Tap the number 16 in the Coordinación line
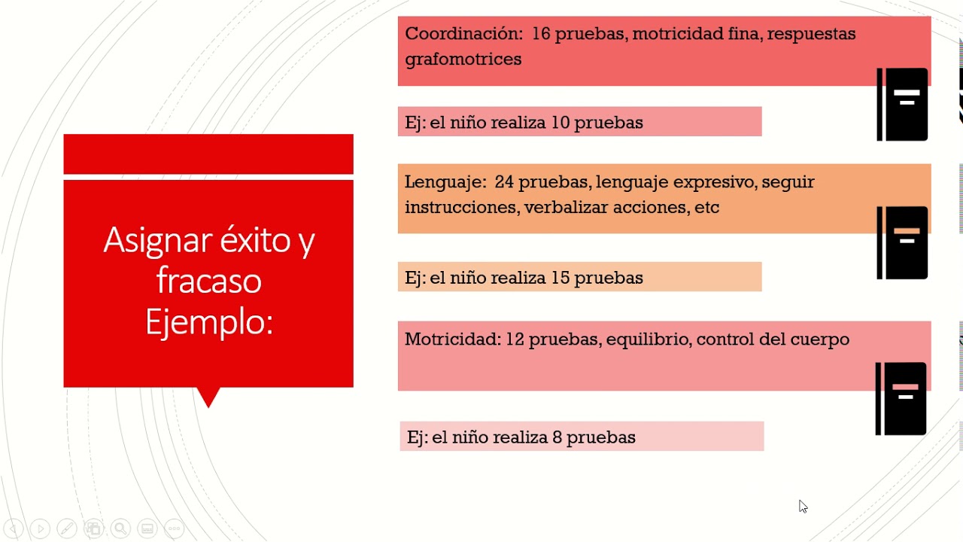pos(541,34)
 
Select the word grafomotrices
pos(463,59)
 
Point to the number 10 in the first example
pos(560,123)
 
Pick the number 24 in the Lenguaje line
pos(504,182)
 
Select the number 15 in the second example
pos(560,278)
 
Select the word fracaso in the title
pos(208,281)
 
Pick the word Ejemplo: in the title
pos(208,322)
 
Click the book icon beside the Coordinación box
pos(903,105)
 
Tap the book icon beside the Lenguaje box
pos(903,243)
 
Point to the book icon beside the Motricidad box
pos(901,399)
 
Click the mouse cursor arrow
pos(803,507)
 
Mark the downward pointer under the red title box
pos(208,396)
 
